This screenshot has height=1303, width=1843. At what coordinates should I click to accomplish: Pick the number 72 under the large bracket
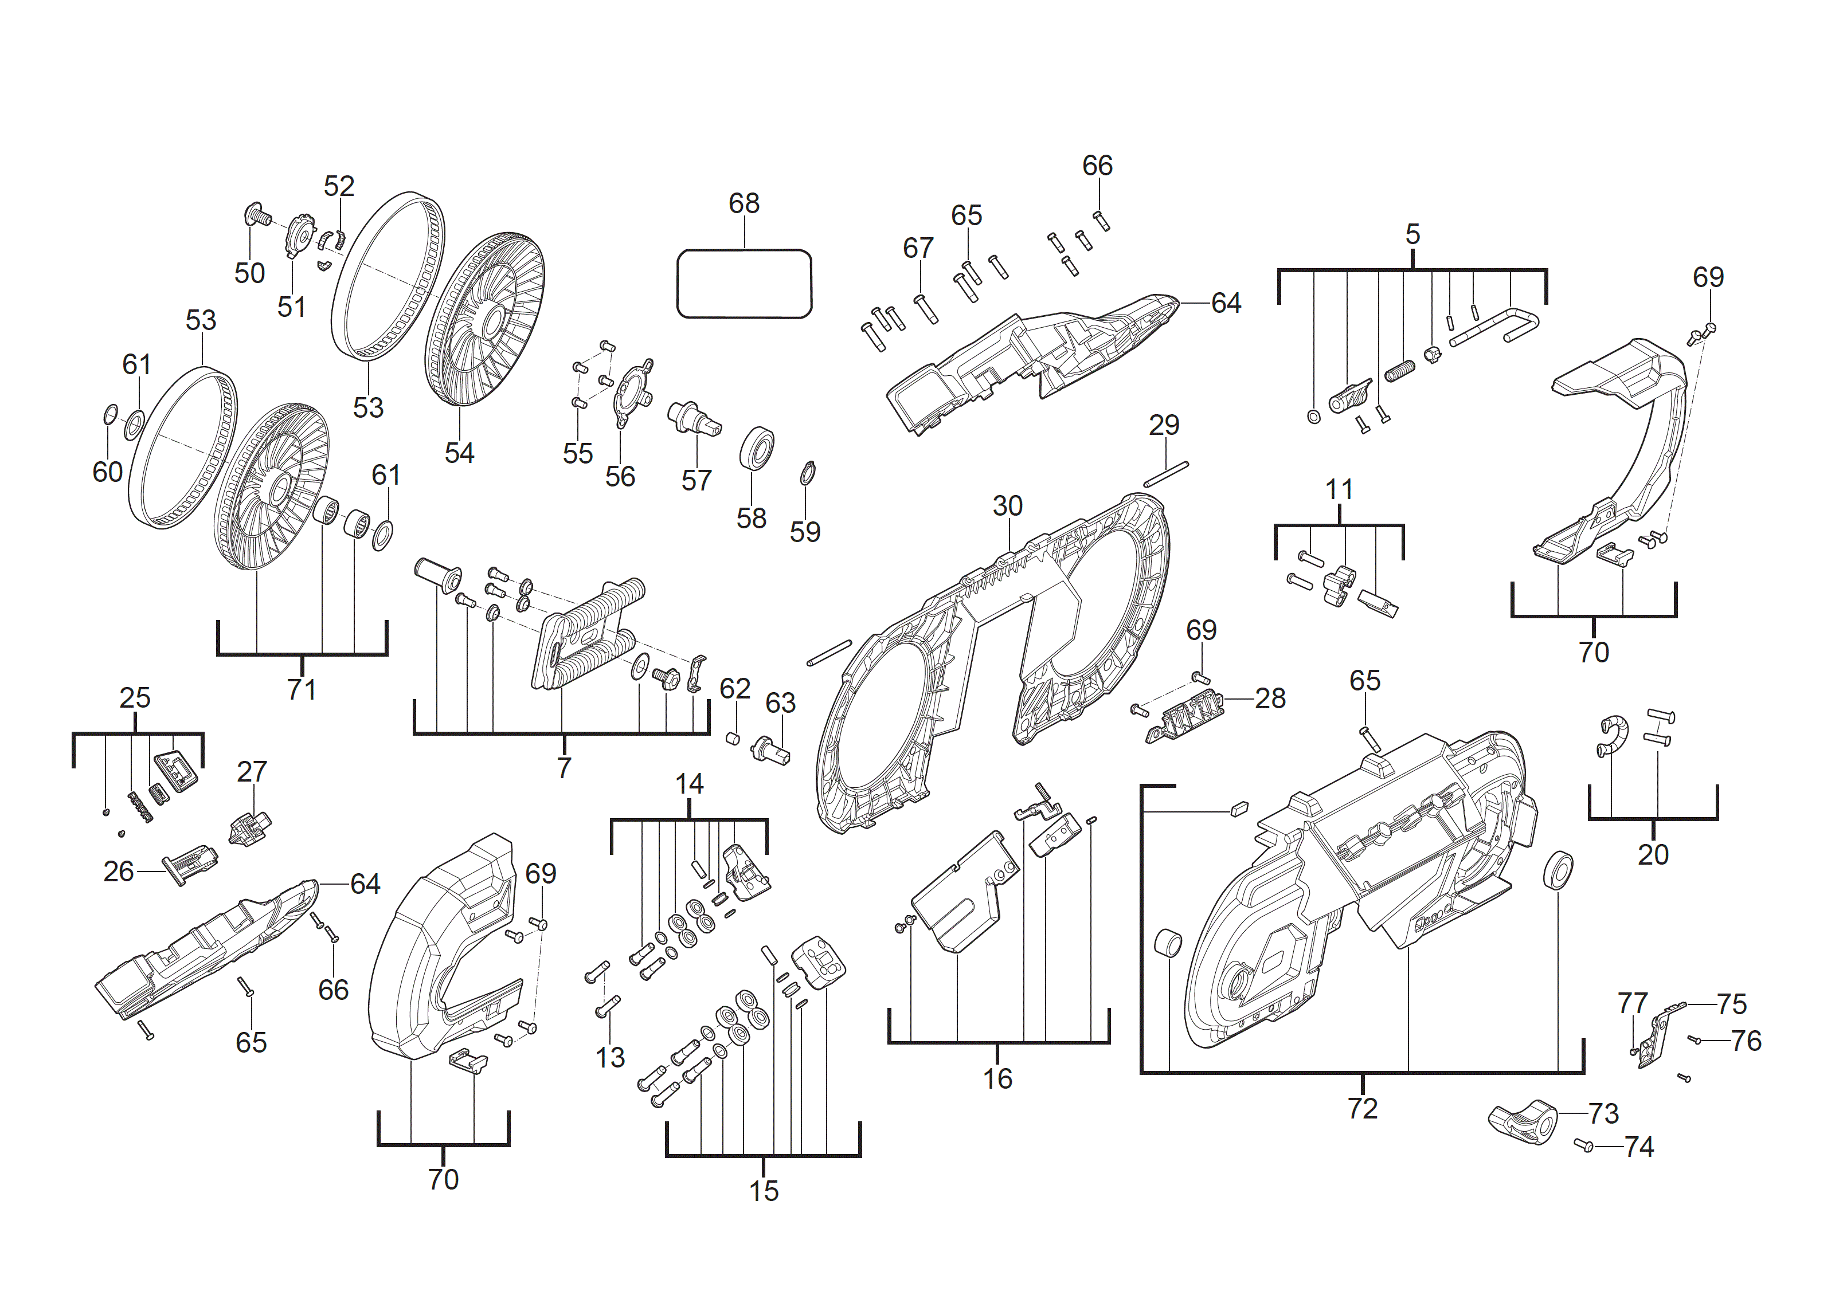pyautogui.click(x=1362, y=1108)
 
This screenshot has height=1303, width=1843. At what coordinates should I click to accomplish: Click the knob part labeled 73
pyautogui.click(x=1523, y=1121)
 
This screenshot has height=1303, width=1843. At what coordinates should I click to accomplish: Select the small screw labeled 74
pyautogui.click(x=1584, y=1145)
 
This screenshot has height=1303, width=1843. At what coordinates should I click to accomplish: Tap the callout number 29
pyautogui.click(x=1164, y=425)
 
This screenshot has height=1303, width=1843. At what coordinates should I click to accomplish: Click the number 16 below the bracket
pyautogui.click(x=998, y=1078)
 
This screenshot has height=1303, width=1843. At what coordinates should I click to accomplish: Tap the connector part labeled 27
pyautogui.click(x=249, y=828)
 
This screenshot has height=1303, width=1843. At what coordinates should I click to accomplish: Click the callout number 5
pyautogui.click(x=1412, y=234)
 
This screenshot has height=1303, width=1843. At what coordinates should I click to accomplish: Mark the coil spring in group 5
pyautogui.click(x=1400, y=371)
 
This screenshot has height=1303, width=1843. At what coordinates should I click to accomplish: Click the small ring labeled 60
pyautogui.click(x=111, y=414)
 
